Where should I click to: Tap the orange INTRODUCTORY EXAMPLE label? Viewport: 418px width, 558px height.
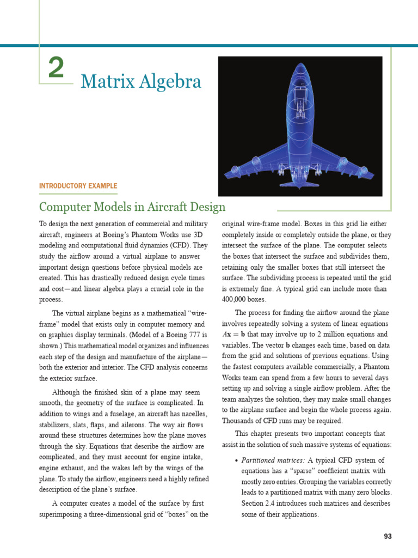78,186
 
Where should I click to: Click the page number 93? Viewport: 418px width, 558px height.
388,536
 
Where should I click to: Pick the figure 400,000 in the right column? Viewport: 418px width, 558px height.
235,300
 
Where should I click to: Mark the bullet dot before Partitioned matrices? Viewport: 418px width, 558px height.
236,461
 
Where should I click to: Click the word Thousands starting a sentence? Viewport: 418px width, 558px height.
238,421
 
